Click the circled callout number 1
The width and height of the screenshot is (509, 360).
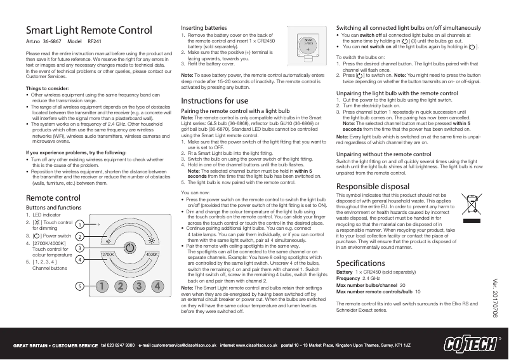pos(79,224)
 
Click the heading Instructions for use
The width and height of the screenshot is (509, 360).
pos(215,100)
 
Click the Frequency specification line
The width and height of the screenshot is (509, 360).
pos(357,278)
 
